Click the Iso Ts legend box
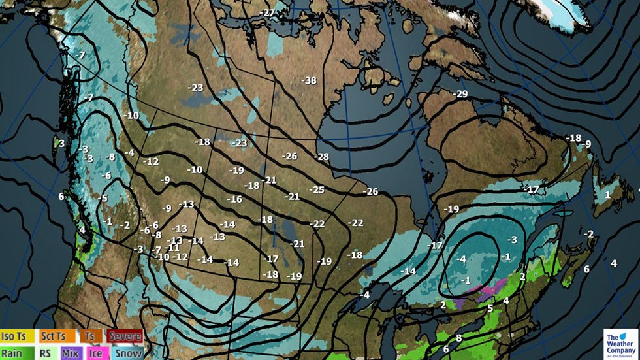coord(18,336)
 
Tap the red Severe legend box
coord(124,336)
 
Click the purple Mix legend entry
coord(71,353)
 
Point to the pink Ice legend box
coord(95,353)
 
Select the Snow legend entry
coord(127,353)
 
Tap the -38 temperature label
coord(309,80)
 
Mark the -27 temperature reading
coord(268,13)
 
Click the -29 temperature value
coord(461,95)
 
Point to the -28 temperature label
coord(321,157)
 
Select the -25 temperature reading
coord(317,190)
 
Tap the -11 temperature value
coord(174,248)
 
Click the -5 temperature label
coord(103,198)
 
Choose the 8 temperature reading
coord(459,338)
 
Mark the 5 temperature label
coord(490,308)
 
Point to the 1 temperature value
coord(607,195)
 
